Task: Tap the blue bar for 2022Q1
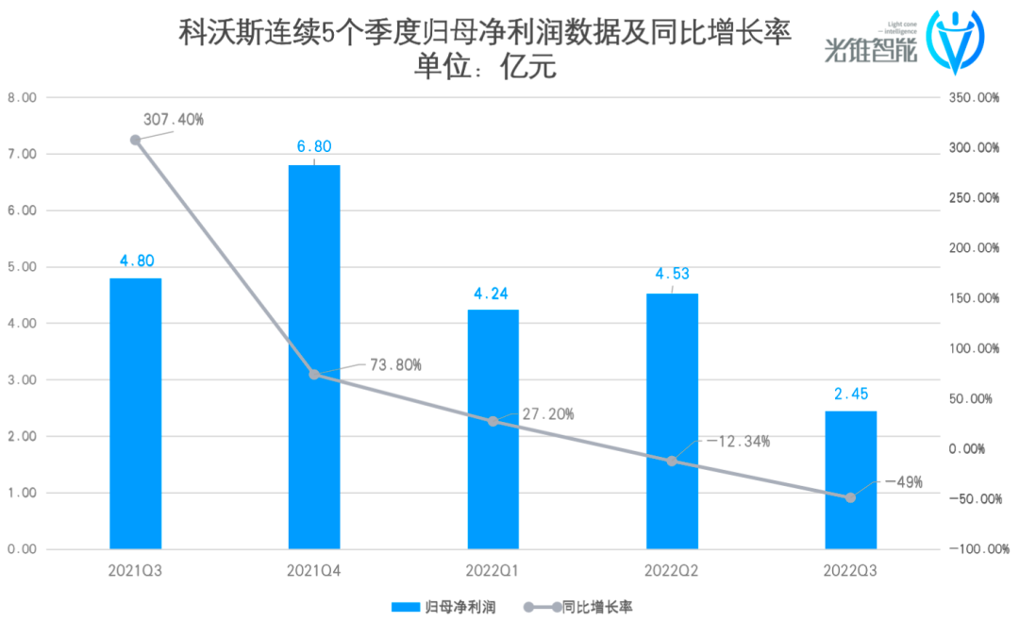coord(493,429)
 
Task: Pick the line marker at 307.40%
coord(135,140)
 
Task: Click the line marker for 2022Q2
coord(672,461)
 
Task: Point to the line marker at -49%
coord(850,497)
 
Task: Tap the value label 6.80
coord(314,147)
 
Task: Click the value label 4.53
coord(672,276)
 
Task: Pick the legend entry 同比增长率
coord(591,606)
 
